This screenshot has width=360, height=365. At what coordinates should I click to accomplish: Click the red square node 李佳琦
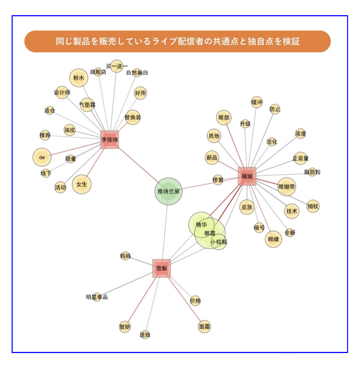coord(110,140)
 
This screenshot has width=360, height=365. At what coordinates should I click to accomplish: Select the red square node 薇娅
coord(247,176)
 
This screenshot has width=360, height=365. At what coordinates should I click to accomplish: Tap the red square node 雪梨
coord(162,268)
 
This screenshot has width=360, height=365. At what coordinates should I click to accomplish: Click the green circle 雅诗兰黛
coord(168,191)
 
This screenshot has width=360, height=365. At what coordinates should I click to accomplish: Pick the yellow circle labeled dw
coord(42,157)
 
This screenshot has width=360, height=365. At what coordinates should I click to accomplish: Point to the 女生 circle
coord(82,184)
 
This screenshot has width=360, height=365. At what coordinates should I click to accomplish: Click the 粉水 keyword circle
coord(79,78)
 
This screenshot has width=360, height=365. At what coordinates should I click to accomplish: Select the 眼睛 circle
coord(273,239)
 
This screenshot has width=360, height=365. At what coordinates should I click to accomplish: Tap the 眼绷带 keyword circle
coord(287,187)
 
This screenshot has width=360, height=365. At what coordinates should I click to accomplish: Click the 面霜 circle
coord(204,327)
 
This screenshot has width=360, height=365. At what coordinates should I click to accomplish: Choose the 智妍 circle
coord(125,327)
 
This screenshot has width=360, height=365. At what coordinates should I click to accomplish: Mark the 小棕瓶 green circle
coord(219,242)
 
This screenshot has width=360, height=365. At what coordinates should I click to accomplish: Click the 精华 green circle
coord(201,225)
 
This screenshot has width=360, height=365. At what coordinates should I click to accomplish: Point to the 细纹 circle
coord(313,206)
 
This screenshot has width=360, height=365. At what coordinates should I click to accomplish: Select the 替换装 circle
coord(133,117)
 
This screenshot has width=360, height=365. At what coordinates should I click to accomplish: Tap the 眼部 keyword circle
coord(224,117)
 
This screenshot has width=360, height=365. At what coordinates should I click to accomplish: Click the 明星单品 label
coord(97,297)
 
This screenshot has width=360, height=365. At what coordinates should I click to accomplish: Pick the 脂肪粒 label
coord(312,172)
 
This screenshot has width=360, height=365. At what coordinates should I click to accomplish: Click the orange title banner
coord(177,42)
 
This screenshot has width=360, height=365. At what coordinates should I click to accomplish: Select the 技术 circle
coord(292,211)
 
